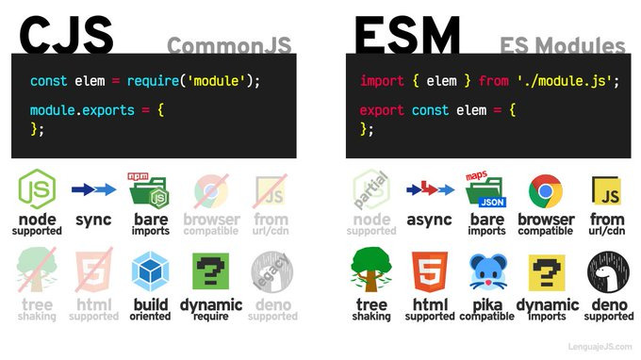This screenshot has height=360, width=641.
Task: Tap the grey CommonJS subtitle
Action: tap(229, 43)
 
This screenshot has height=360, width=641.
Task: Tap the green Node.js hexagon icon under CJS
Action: tap(38, 189)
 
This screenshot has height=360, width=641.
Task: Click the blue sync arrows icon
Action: tap(94, 189)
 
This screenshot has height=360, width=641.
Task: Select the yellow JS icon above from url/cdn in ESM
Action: tap(605, 191)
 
